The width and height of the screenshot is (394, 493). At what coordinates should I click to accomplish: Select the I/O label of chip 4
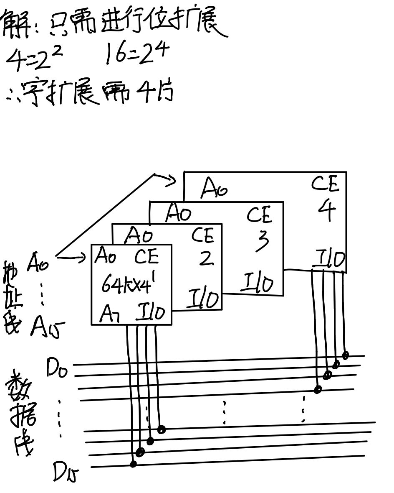click(x=330, y=259)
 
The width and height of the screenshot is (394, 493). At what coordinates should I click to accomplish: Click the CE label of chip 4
click(x=326, y=184)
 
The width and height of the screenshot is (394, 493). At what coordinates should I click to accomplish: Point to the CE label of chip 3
click(x=259, y=215)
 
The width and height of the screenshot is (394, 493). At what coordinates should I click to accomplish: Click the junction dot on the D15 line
click(x=133, y=464)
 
